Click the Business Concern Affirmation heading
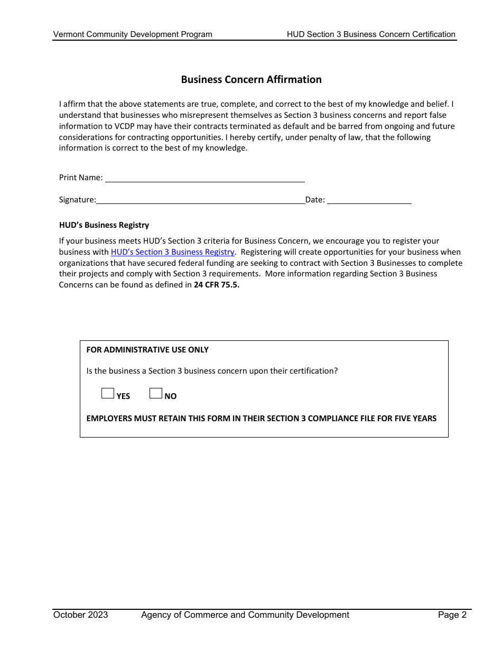[x=251, y=80]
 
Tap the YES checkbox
[x=108, y=393]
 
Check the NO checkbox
[x=156, y=393]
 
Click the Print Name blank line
[x=205, y=178]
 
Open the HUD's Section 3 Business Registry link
[x=172, y=252]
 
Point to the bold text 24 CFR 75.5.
[x=217, y=285]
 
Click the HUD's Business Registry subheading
[x=104, y=225]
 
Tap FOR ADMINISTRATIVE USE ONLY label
[x=147, y=350]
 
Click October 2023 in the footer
[x=80, y=615]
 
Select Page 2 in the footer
[x=452, y=615]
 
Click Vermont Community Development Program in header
[x=133, y=34]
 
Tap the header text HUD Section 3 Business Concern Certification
[x=371, y=34]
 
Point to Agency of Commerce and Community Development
[x=245, y=615]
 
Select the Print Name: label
[x=81, y=178]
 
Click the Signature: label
[x=78, y=200]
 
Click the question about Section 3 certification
[x=212, y=371]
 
